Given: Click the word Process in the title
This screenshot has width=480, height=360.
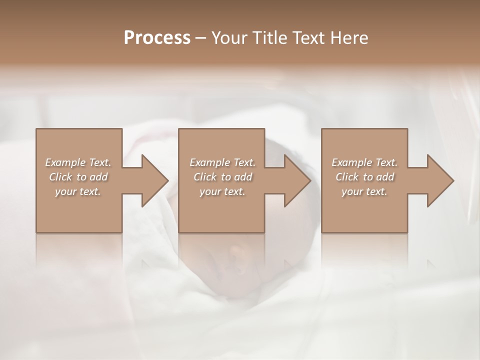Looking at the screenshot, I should point(157,38).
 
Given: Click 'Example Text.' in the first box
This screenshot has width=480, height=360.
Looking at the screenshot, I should point(78,162).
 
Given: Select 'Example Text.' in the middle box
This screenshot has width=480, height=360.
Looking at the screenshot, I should point(222,162).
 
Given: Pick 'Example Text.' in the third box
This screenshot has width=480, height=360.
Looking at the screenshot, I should point(364,162).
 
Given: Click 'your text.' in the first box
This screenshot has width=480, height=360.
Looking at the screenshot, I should point(78,191).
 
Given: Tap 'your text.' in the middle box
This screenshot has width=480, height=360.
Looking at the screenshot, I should point(222,191).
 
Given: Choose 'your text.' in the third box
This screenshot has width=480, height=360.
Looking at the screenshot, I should point(364,191).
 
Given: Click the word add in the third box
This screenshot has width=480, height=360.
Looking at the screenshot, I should point(385,177).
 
